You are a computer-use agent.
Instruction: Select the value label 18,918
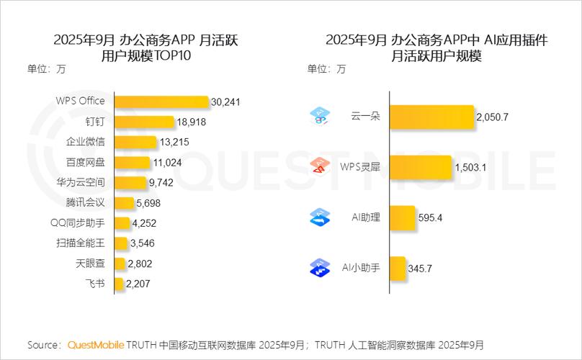pyautogui.click(x=191, y=122)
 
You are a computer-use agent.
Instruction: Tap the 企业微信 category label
pyautogui.click(x=85, y=142)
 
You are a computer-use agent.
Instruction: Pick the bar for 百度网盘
pyautogui.click(x=133, y=163)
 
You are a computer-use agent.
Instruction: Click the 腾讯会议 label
pyautogui.click(x=85, y=203)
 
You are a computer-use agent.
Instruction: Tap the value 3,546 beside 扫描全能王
pyautogui.click(x=142, y=243)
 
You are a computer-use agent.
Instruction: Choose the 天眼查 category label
pyautogui.click(x=90, y=264)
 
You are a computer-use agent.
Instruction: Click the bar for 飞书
pyautogui.click(x=119, y=284)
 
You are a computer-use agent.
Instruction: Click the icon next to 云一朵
pyautogui.click(x=319, y=116)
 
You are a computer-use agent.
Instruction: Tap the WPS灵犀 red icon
pyautogui.click(x=319, y=167)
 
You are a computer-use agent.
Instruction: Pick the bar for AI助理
pyautogui.click(x=403, y=217)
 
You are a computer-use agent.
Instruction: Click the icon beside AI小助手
pyautogui.click(x=319, y=269)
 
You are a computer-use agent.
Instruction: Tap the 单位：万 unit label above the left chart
pyautogui.click(x=47, y=69)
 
